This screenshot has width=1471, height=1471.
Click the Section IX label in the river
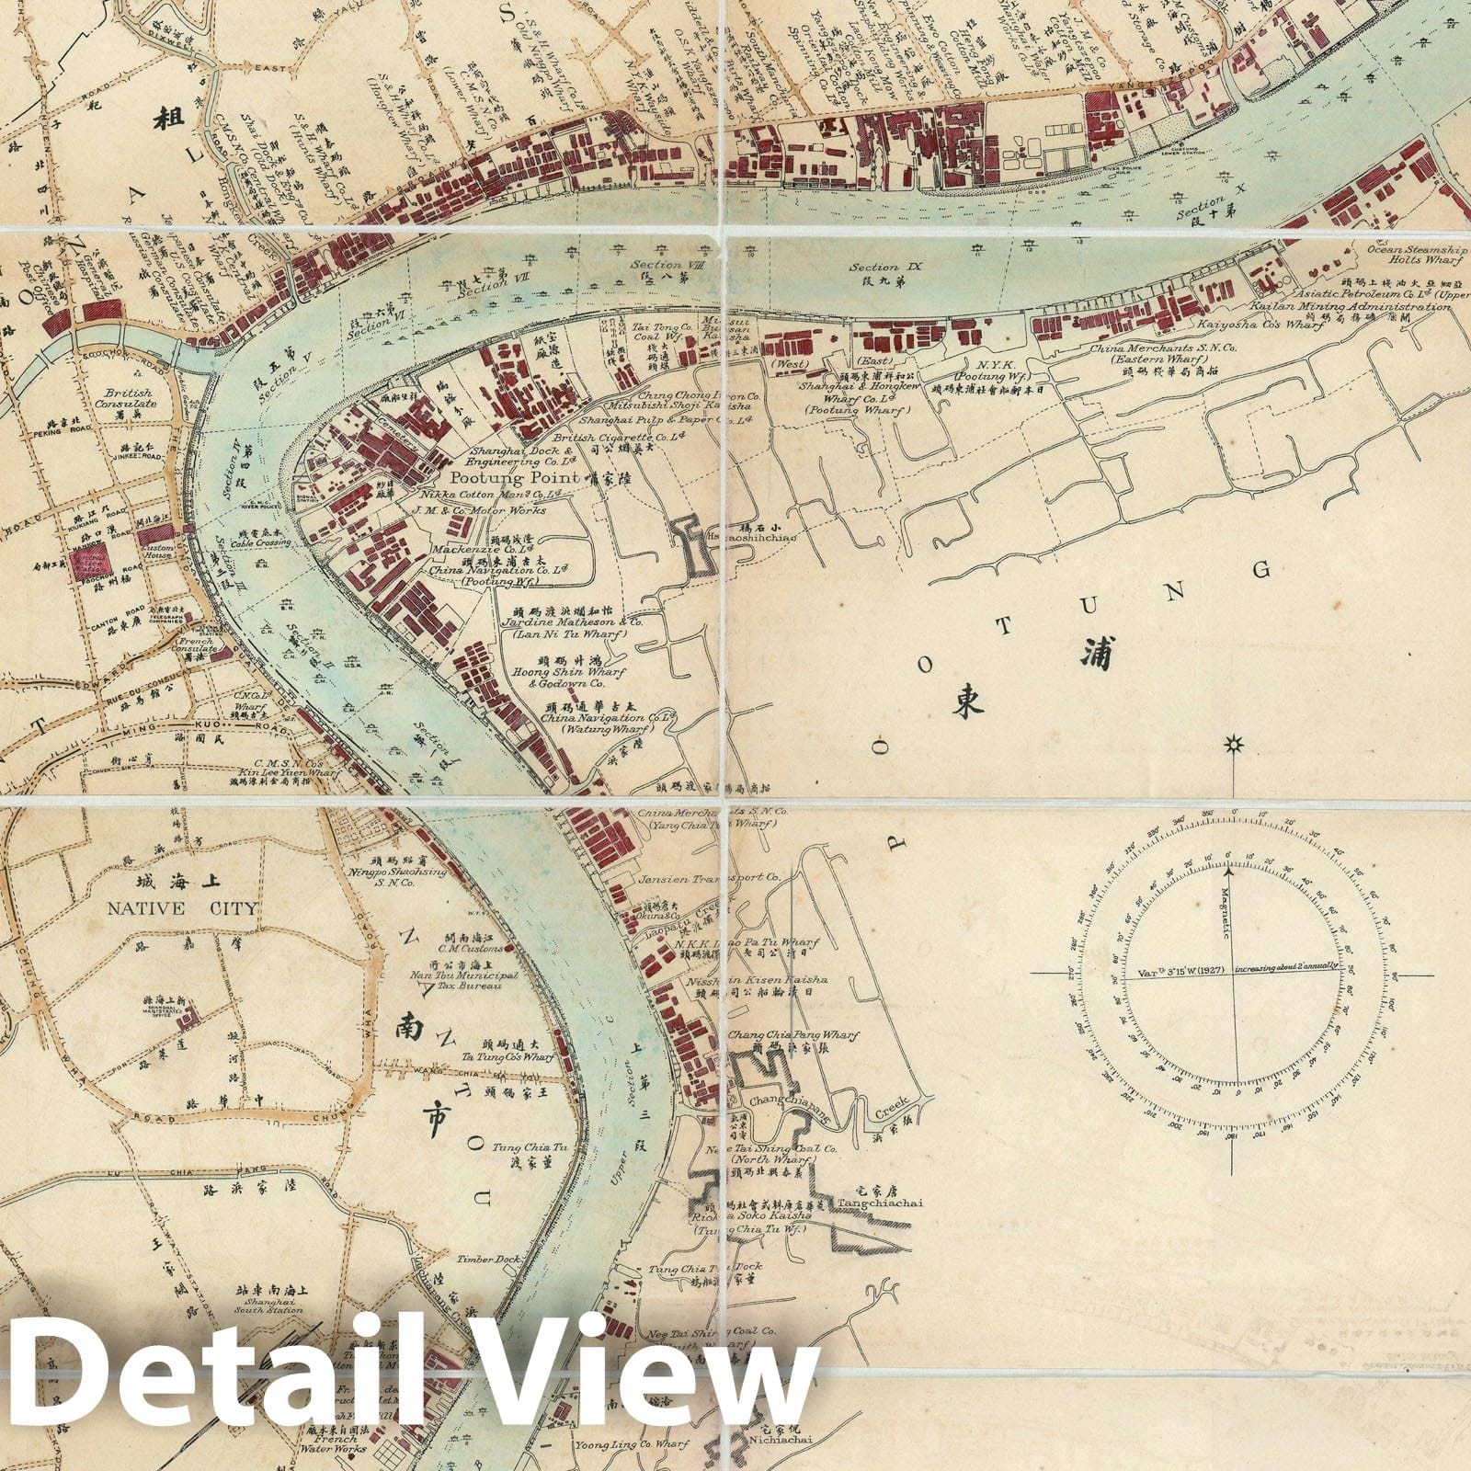pyautogui.click(x=885, y=268)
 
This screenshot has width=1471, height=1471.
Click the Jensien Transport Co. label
pyautogui.click(x=709, y=877)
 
